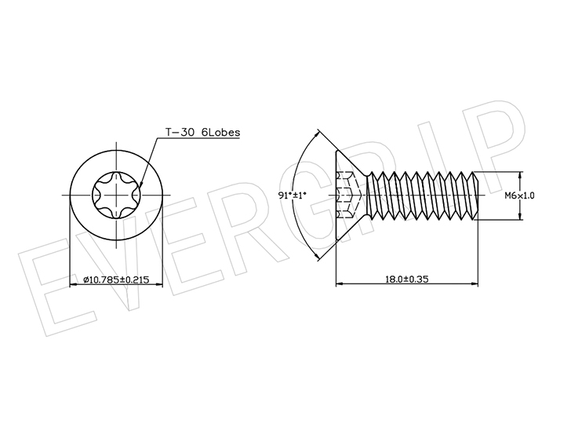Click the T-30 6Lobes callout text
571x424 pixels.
203,132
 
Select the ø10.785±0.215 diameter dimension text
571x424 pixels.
116,280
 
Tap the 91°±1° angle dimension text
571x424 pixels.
293,196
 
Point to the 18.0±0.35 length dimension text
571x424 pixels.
407,280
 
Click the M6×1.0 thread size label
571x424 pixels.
520,196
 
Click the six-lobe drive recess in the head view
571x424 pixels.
116,196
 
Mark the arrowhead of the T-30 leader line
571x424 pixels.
140,183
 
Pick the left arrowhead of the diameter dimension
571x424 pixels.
73,285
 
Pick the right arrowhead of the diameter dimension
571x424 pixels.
159,285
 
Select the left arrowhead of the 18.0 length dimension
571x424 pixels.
339,283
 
